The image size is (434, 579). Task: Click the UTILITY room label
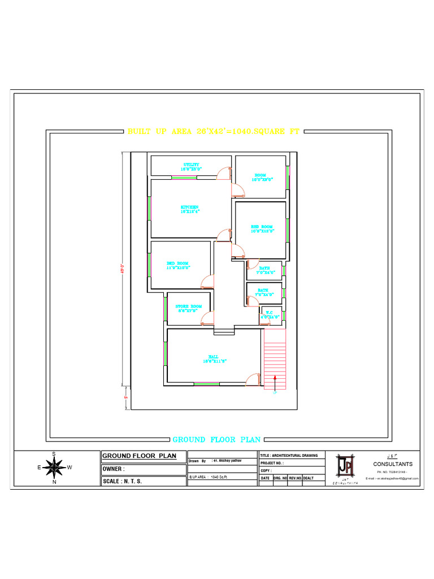pos(191,166)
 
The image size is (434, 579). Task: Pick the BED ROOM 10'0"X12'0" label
pos(262,228)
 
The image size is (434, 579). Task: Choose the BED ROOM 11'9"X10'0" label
pos(178,265)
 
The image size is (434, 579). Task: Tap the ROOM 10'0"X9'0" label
pos(261,177)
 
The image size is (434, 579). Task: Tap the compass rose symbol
pos(54,468)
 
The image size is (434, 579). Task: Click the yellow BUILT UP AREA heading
pos(212,132)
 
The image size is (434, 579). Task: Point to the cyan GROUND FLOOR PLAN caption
pos(216,439)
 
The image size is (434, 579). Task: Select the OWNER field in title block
pos(113,469)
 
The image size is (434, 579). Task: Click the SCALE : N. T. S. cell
pos(122,481)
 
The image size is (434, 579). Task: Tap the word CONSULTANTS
pos(393,464)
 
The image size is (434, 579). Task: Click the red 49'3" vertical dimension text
pos(121,271)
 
